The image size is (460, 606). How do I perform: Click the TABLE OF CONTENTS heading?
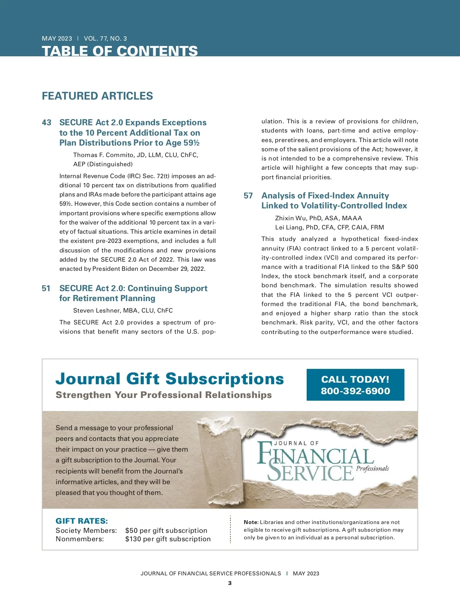coord(120,51)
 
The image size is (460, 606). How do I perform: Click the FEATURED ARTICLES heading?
coord(97,96)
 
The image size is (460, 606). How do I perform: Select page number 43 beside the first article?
coord(46,123)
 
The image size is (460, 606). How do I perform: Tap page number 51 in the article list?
coord(46,288)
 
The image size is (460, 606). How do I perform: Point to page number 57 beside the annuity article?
coord(248,196)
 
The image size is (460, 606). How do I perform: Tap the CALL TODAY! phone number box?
coord(355,385)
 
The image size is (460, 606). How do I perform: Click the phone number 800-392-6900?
coord(355,391)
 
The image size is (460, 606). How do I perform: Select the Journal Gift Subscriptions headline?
coord(169,379)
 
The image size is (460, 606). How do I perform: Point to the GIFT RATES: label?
coord(82,521)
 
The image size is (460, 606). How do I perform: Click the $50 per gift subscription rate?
coord(166,531)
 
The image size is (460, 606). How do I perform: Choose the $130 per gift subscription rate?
coord(168,539)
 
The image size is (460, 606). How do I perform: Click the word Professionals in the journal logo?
coord(372,468)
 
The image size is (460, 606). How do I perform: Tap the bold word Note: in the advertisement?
coord(251,522)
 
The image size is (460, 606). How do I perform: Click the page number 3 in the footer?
coord(230,583)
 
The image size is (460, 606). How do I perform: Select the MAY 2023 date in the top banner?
coord(57,39)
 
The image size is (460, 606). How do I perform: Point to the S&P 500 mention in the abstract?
coord(405,267)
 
